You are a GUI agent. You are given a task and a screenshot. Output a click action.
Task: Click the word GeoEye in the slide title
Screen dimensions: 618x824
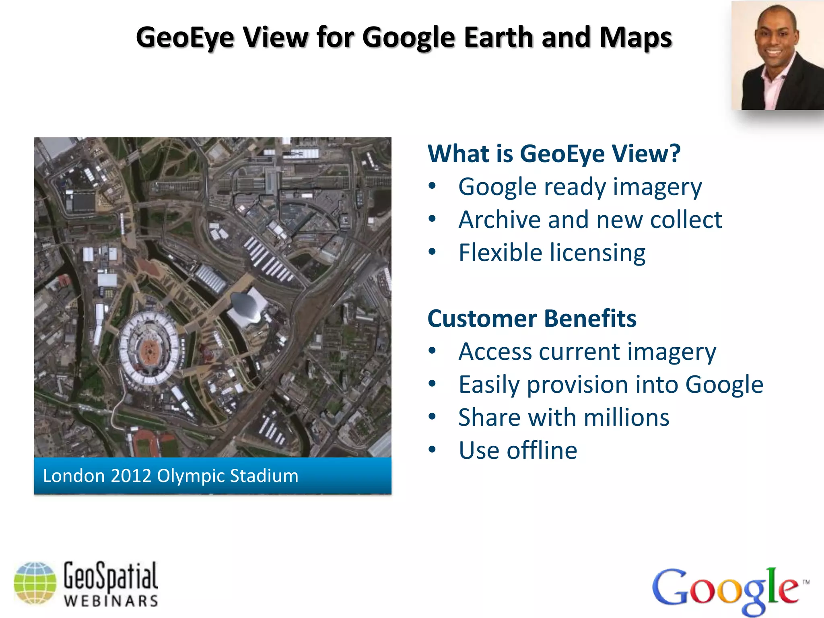[x=185, y=37]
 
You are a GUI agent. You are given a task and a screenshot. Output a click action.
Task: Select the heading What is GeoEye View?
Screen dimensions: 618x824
[x=554, y=154]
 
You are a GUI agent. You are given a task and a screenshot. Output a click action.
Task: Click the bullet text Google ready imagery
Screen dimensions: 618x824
[x=580, y=187]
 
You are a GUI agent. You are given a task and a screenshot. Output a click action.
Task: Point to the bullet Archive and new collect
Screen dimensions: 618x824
[x=590, y=220]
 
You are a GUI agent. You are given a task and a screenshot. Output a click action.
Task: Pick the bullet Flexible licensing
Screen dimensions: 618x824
[x=552, y=253]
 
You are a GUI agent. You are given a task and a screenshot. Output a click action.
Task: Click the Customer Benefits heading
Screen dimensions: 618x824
[x=532, y=319]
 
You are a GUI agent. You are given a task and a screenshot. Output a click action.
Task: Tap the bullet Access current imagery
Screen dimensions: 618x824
[x=587, y=352]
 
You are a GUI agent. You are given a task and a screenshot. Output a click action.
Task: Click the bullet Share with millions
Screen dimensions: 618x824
[x=564, y=418]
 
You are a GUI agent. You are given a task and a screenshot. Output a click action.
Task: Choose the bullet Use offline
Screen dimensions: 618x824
[x=518, y=451]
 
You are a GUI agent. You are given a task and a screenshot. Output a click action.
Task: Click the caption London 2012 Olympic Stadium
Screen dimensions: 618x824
[x=171, y=476]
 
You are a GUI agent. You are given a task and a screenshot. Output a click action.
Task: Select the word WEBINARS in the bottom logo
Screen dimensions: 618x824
[x=111, y=601]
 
